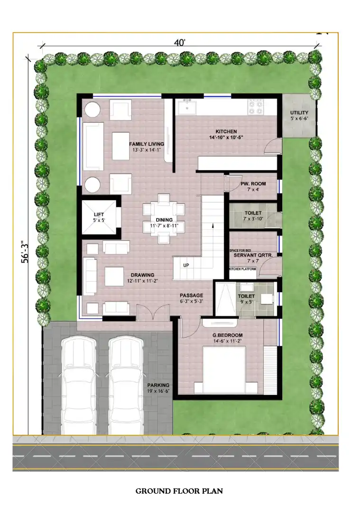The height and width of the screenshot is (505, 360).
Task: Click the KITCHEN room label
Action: click(x=226, y=131)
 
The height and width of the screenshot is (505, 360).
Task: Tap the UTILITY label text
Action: click(x=299, y=113)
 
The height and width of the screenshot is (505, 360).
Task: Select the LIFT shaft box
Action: click(x=99, y=217)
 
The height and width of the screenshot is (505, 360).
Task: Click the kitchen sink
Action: click(x=185, y=106)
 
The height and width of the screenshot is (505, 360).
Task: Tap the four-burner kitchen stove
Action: click(x=256, y=107)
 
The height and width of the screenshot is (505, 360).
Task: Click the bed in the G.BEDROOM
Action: click(x=224, y=370)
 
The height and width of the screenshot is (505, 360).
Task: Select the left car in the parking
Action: click(x=79, y=385)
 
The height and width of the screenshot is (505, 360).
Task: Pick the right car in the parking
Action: click(x=126, y=385)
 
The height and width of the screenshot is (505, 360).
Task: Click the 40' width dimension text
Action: click(x=180, y=43)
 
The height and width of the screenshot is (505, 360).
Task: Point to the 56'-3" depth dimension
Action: click(x=25, y=252)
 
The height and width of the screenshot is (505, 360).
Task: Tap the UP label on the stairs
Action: click(x=186, y=266)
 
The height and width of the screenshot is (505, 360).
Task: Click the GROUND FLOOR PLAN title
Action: click(x=179, y=491)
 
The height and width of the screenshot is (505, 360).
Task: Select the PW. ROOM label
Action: click(x=253, y=184)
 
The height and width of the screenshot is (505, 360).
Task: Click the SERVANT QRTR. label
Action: click(x=253, y=255)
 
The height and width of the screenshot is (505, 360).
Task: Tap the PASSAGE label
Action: click(x=192, y=295)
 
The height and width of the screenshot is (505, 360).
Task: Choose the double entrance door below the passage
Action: click(x=153, y=313)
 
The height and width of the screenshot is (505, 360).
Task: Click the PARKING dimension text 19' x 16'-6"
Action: click(x=158, y=391)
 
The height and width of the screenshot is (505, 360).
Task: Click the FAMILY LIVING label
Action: click(x=147, y=144)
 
